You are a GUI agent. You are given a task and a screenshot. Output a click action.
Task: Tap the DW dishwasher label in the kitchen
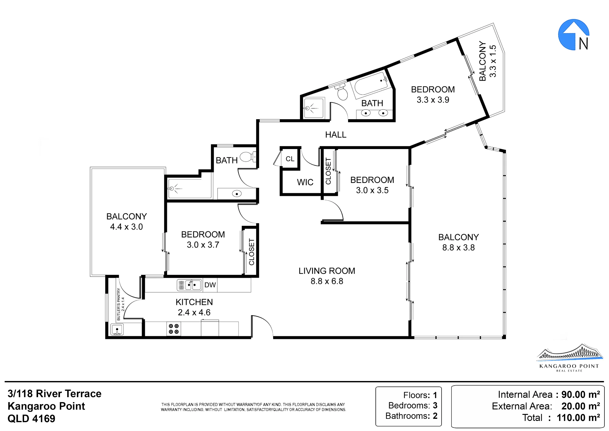tap(210, 285)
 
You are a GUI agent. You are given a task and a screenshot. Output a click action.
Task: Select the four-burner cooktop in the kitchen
tap(174, 329)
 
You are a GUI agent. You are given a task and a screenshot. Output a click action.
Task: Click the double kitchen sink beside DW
tap(189, 285)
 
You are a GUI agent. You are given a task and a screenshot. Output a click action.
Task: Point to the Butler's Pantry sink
tap(117, 330)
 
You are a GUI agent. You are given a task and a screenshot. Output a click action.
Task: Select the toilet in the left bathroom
tap(248, 157)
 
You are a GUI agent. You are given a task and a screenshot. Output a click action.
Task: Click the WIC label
tap(305, 182)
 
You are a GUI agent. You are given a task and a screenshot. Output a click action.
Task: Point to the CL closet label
tap(290, 159)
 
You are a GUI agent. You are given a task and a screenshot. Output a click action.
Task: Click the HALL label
tap(336, 135)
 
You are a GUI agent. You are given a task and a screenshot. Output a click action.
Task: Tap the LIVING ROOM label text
tap(327, 271)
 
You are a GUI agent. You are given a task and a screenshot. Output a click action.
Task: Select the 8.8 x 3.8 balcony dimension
tap(459, 248)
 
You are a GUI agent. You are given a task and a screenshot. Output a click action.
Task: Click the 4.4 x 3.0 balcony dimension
tap(126, 227)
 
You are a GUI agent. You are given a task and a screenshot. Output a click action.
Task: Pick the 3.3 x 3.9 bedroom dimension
tap(433, 100)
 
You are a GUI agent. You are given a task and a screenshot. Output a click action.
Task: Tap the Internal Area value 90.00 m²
tap(581, 394)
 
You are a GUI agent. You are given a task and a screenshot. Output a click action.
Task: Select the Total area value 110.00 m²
tap(578, 418)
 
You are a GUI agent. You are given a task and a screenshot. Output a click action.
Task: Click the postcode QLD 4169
tap(31, 419)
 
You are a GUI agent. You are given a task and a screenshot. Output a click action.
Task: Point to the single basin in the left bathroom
tap(237, 194)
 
